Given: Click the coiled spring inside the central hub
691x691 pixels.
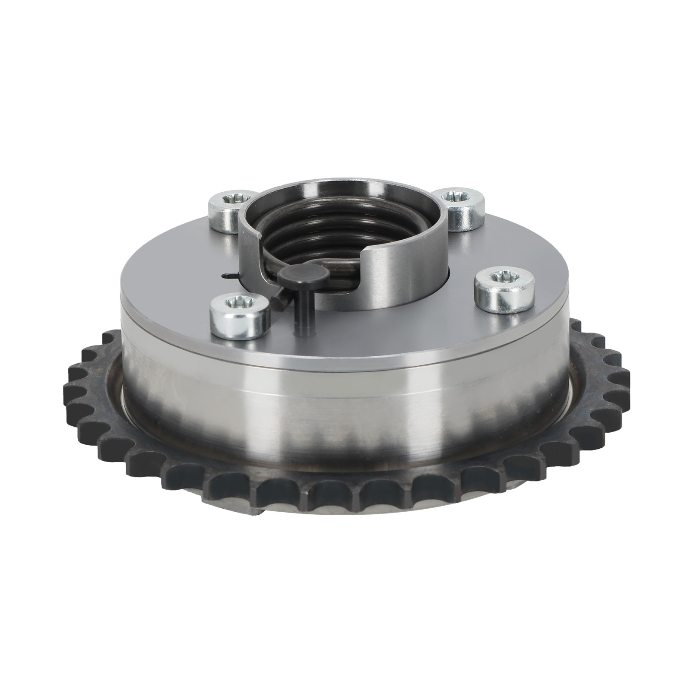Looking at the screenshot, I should coord(311,242).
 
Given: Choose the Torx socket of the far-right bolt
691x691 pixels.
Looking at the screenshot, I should coord(501,277).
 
